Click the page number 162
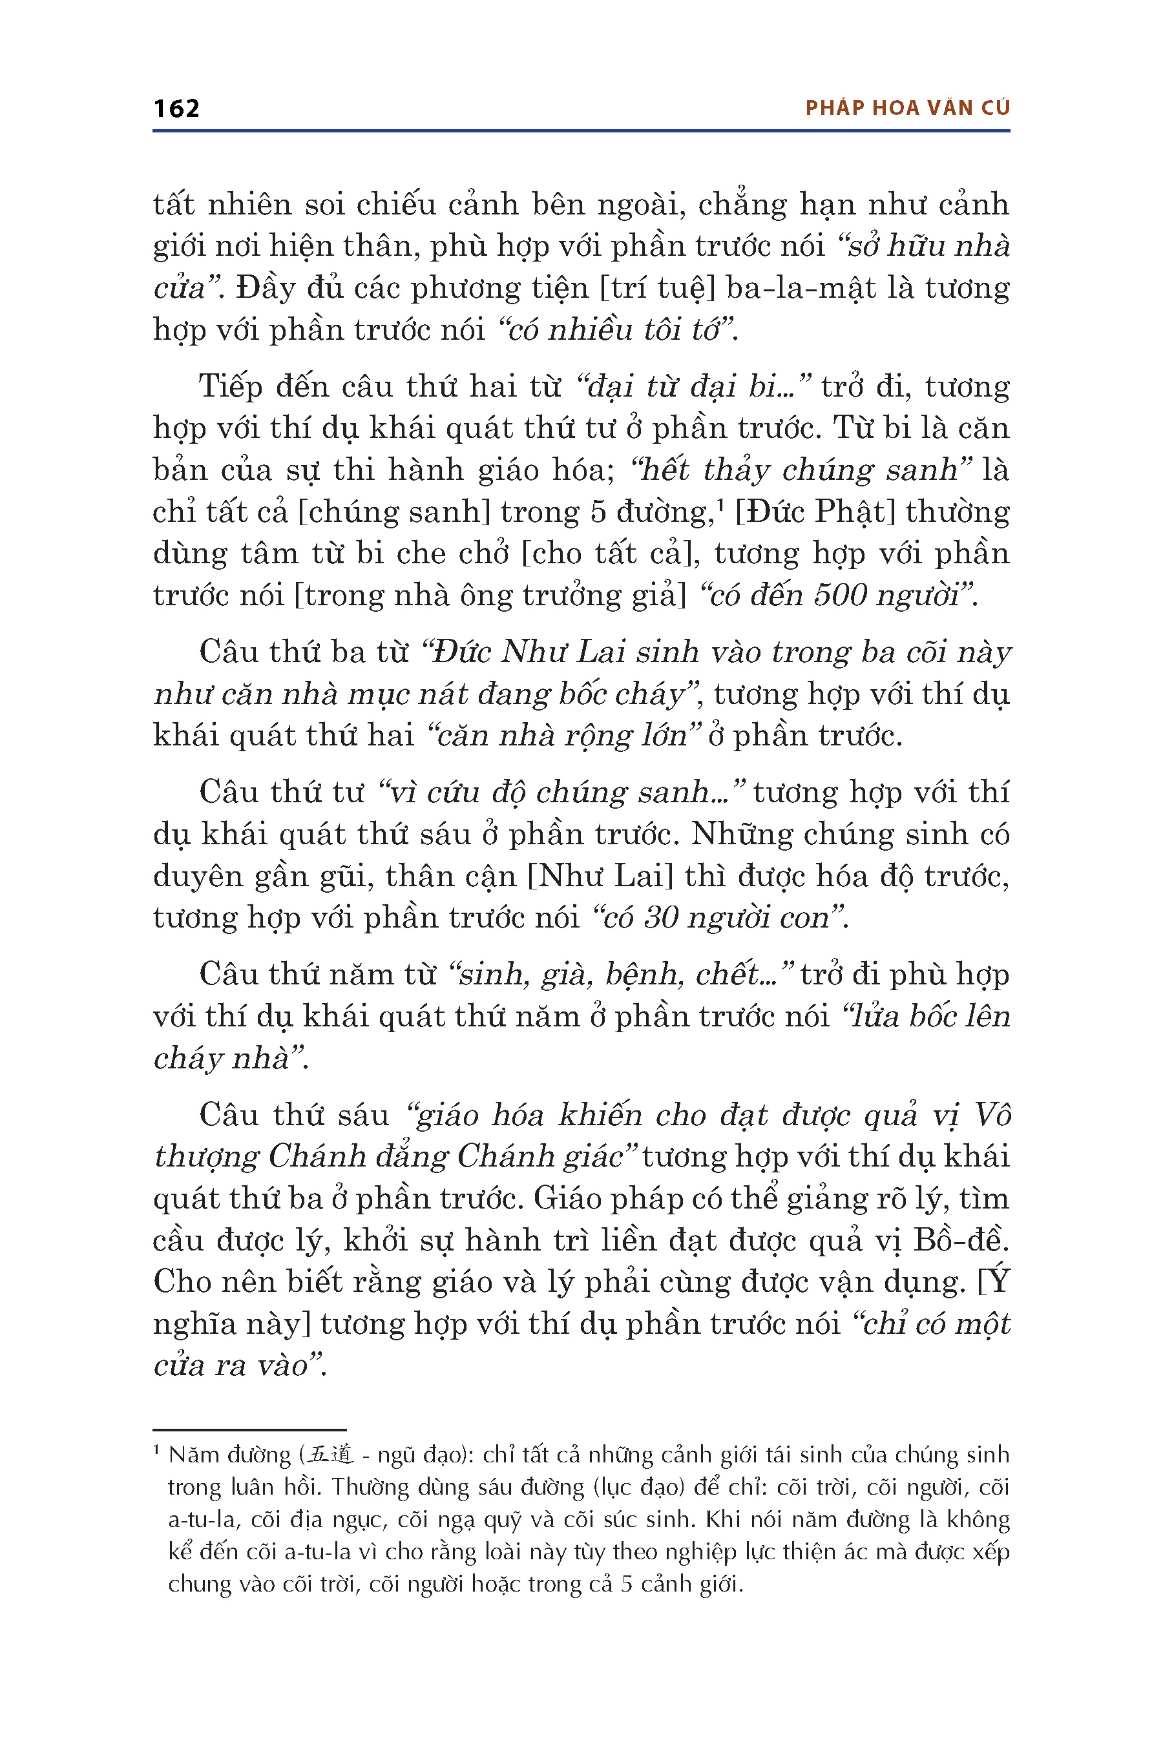176,109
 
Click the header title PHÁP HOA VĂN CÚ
907,109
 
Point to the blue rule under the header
581,131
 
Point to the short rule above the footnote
249,1429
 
